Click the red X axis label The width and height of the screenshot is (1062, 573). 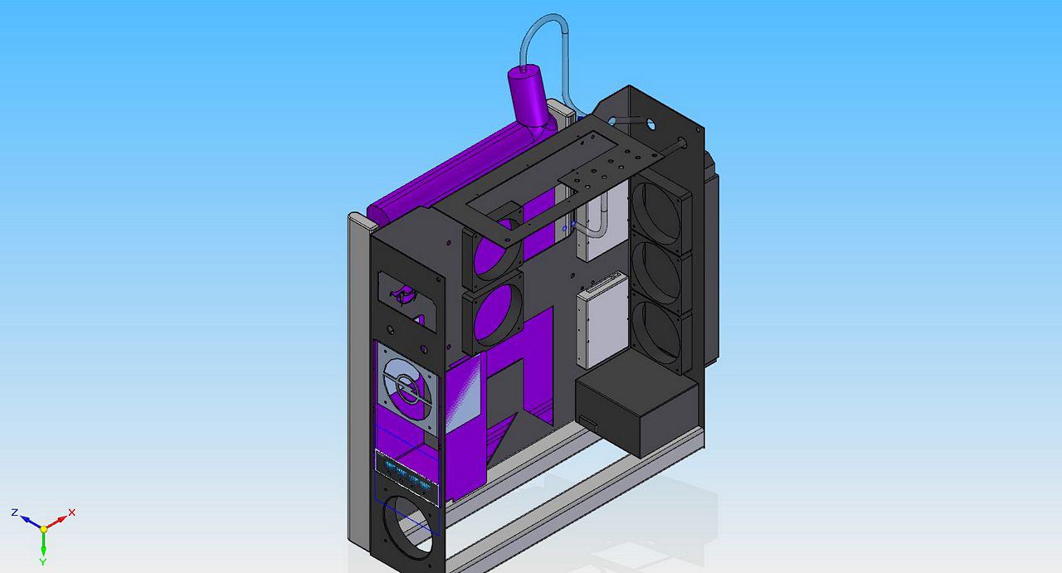tap(71, 512)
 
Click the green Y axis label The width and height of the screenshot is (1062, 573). tap(42, 562)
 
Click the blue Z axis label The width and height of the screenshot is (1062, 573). tap(15, 512)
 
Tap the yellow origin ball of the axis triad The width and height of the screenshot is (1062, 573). tap(44, 529)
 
